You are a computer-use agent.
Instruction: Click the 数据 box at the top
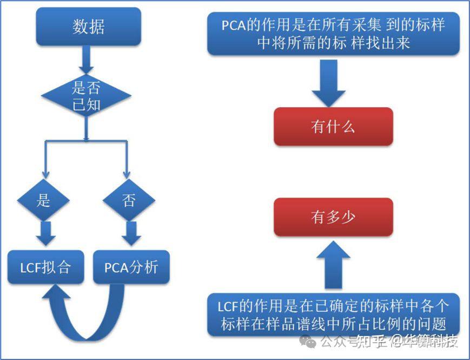89,27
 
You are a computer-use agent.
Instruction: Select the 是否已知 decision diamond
87,96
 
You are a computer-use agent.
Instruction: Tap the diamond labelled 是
43,201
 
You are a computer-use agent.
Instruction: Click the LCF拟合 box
45,267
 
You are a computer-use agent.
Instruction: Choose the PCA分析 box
131,267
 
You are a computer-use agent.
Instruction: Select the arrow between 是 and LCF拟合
45,233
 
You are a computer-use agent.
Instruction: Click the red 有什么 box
333,127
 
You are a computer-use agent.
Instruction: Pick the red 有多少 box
333,217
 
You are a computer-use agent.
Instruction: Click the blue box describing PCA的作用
333,34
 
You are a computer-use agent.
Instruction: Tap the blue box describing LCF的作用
333,315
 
